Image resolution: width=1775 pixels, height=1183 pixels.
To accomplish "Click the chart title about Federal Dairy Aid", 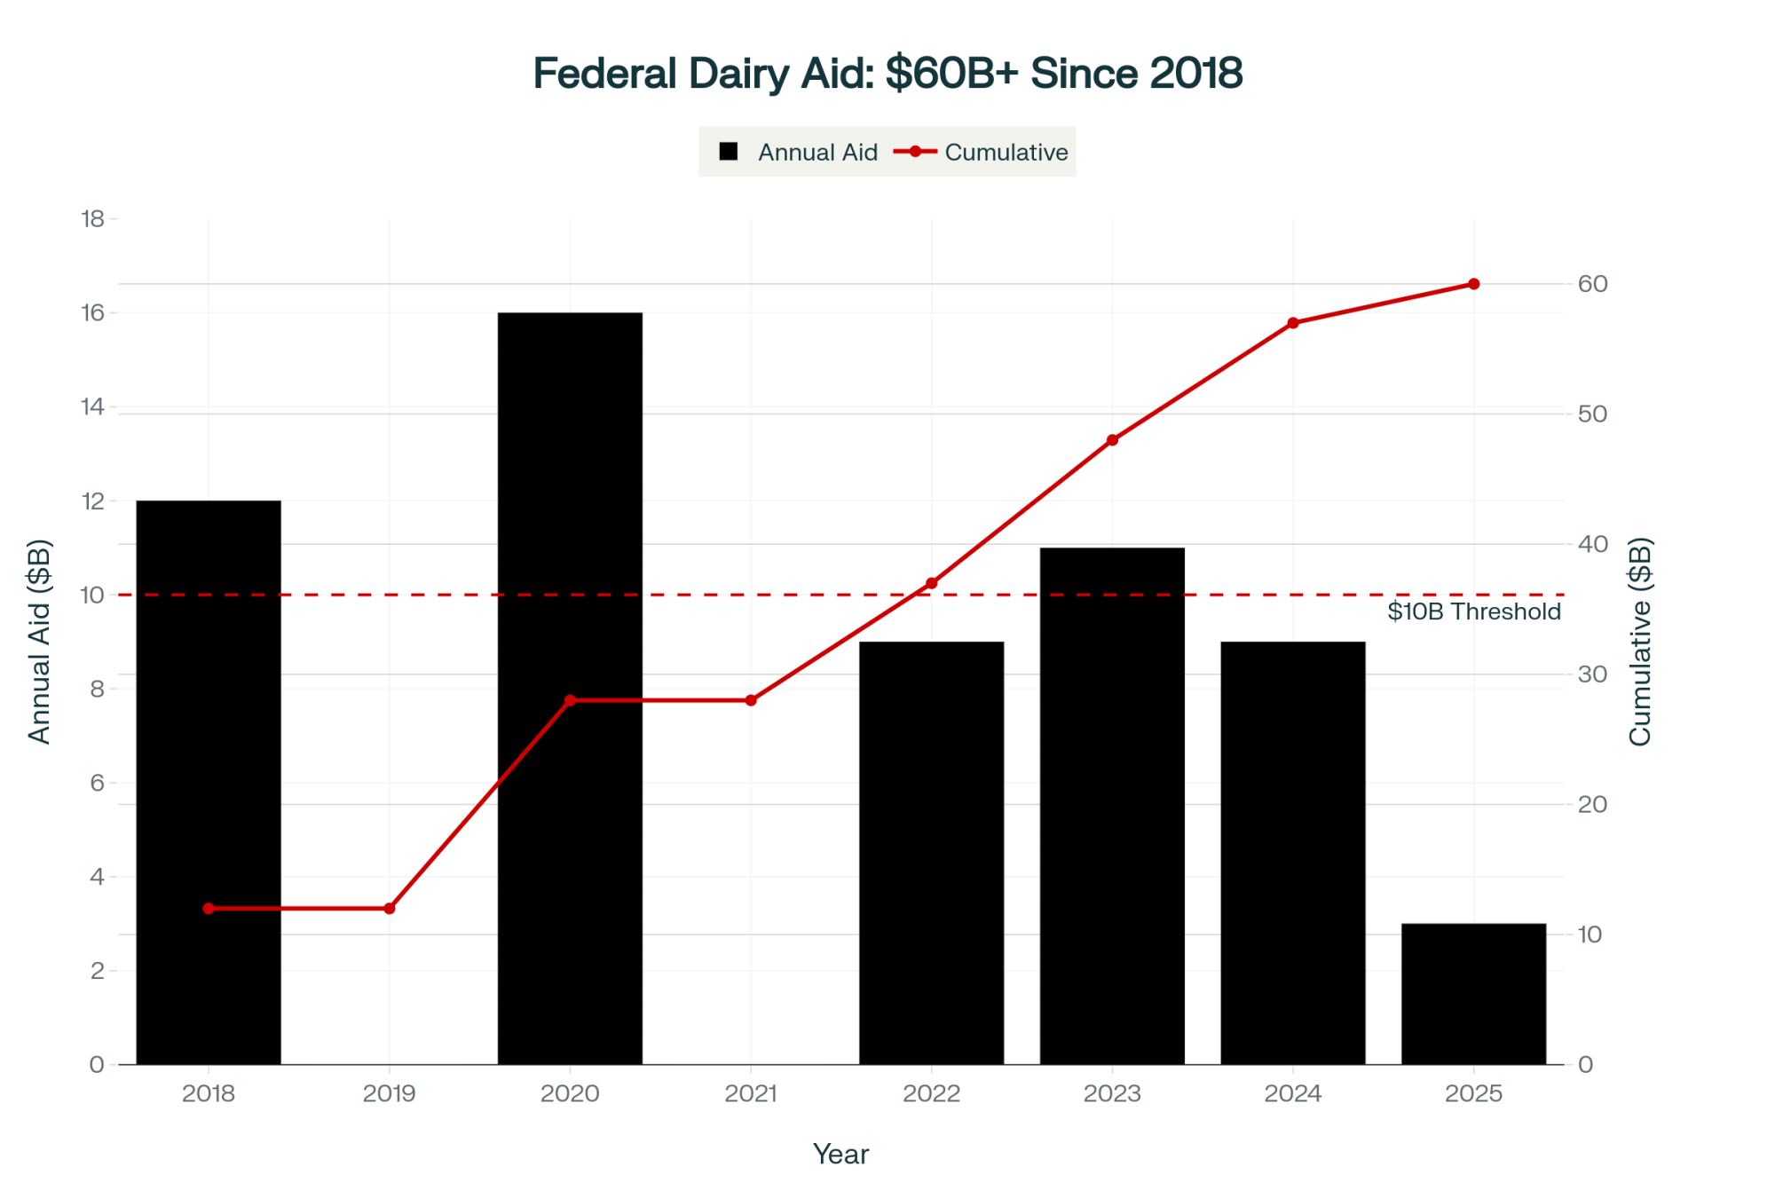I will [887, 73].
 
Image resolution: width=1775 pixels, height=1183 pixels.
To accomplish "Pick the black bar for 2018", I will [209, 781].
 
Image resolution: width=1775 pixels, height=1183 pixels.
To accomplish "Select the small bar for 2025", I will [1473, 994].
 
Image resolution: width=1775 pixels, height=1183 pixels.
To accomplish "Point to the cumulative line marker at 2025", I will [1473, 284].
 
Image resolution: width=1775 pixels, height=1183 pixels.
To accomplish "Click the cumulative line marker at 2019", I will [389, 909].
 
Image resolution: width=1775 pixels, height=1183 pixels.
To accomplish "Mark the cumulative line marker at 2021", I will [751, 700].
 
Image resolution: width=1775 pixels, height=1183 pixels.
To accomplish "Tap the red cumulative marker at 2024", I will [1293, 323].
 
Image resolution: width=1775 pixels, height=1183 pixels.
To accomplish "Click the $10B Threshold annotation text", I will [1473, 611].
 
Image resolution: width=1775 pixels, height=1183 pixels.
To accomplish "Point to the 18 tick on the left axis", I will [92, 218].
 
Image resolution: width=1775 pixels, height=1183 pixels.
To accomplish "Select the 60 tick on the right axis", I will [1592, 284].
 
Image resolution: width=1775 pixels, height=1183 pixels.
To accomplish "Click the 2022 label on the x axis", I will [931, 1093].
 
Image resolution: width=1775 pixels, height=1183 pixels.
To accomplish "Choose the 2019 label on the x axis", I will [389, 1093].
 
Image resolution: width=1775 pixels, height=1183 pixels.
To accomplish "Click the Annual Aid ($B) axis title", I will [40, 641].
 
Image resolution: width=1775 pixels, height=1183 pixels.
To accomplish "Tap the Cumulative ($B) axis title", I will [1639, 641].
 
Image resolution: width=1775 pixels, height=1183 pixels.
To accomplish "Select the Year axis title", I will [840, 1154].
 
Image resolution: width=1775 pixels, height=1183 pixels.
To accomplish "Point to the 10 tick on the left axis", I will [92, 595].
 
